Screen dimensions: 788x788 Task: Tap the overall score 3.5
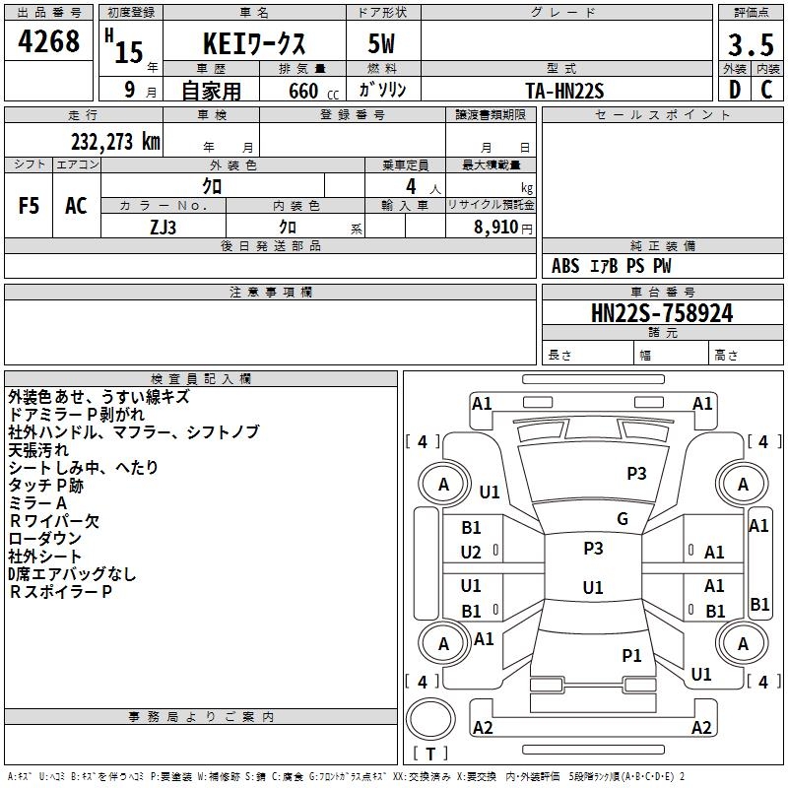(x=750, y=45)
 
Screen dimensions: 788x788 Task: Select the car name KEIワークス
(x=254, y=44)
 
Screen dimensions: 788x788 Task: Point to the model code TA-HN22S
(x=564, y=90)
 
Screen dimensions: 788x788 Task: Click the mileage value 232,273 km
(x=115, y=142)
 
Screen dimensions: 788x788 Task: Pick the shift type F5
(x=30, y=206)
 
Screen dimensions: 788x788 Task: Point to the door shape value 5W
(x=383, y=44)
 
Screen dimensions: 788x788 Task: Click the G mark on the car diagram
(x=623, y=519)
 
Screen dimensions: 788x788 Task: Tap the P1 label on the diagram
(x=631, y=655)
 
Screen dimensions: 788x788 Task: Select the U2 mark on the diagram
(x=471, y=553)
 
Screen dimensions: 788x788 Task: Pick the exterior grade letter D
(x=734, y=90)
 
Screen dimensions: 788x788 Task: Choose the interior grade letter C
(x=766, y=90)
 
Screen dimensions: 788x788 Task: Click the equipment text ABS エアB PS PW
(x=613, y=266)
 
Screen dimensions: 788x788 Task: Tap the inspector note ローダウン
(x=45, y=539)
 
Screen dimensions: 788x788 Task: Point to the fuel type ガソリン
(x=383, y=90)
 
